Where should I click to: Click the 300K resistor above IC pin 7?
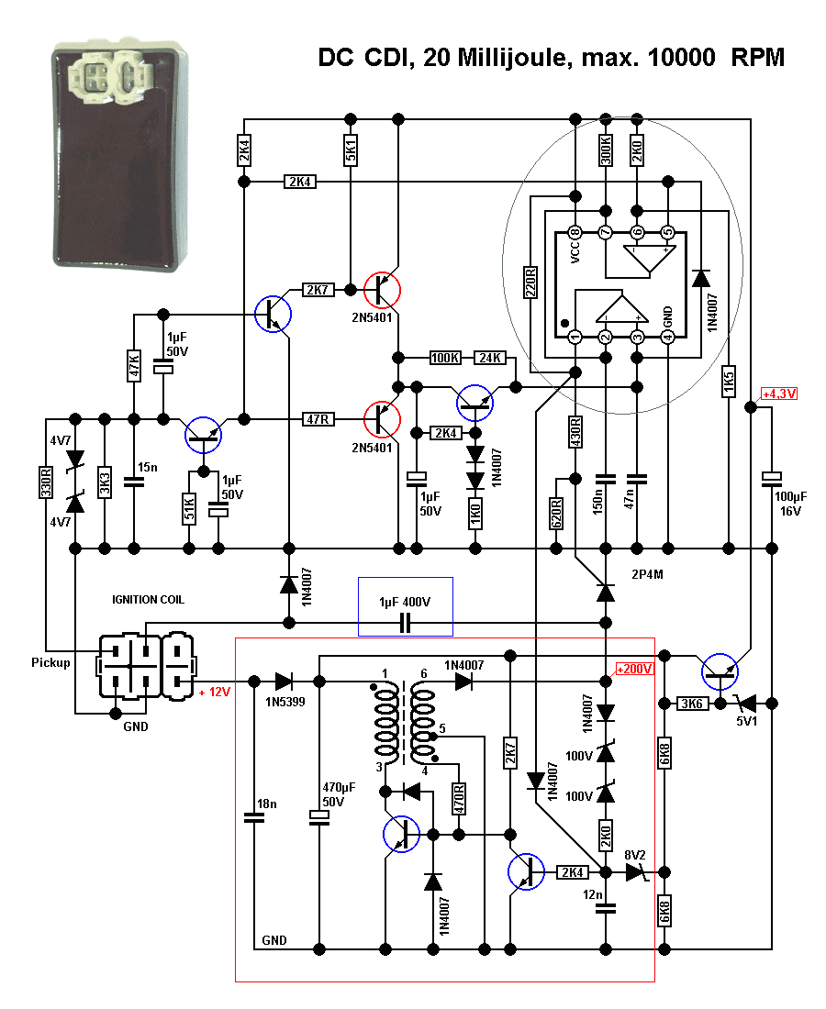(605, 150)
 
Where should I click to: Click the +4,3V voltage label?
(779, 394)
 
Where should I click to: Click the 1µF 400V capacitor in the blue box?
(405, 624)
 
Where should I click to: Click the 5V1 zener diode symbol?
(747, 704)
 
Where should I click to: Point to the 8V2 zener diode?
(636, 872)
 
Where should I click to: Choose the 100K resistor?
(445, 358)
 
